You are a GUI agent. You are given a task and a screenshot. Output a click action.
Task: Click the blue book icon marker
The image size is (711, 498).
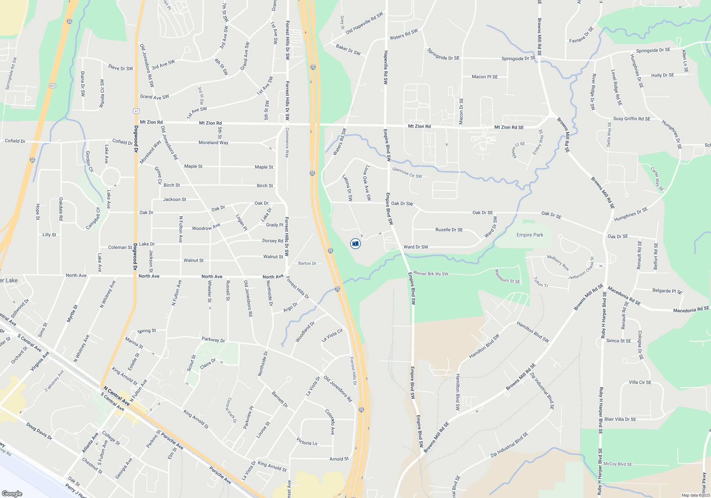click(x=355, y=244)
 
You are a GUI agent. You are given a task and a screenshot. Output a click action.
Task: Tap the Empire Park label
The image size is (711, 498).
click(x=530, y=235)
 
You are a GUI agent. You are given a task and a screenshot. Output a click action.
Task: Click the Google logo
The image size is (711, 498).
click(x=12, y=494)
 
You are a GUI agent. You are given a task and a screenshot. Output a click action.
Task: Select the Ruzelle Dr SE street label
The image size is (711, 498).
click(x=449, y=230)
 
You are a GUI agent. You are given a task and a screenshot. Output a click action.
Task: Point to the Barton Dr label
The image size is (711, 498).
click(x=307, y=264)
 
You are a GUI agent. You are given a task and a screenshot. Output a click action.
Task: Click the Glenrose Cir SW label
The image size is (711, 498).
click(x=407, y=173)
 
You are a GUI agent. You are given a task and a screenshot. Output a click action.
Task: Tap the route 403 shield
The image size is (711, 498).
click(x=52, y=86)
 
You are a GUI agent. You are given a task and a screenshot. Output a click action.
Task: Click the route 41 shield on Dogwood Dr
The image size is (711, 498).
click(x=136, y=111)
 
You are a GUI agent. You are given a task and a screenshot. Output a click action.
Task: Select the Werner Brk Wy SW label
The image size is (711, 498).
click(x=431, y=274)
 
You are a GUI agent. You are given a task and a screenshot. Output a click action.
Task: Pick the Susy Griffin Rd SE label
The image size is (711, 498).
click(x=632, y=119)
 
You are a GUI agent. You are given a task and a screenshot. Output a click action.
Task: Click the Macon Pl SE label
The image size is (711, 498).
click(x=485, y=77)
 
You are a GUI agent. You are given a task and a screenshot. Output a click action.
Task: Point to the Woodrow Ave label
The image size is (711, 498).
click(x=206, y=227)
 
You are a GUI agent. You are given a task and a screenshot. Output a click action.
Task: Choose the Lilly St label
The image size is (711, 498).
click(x=49, y=235)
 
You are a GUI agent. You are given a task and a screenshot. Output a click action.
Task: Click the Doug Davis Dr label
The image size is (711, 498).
click(x=39, y=431)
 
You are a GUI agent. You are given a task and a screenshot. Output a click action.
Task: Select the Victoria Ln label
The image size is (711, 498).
click(x=307, y=443)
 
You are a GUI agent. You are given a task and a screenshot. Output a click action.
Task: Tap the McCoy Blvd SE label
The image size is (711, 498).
click(x=618, y=464)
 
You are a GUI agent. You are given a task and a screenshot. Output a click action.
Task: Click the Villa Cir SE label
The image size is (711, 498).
click(x=640, y=382)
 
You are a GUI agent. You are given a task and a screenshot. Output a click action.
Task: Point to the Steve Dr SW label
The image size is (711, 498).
click(x=121, y=68)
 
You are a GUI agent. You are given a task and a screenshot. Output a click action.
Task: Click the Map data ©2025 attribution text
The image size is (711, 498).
click(x=696, y=495)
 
